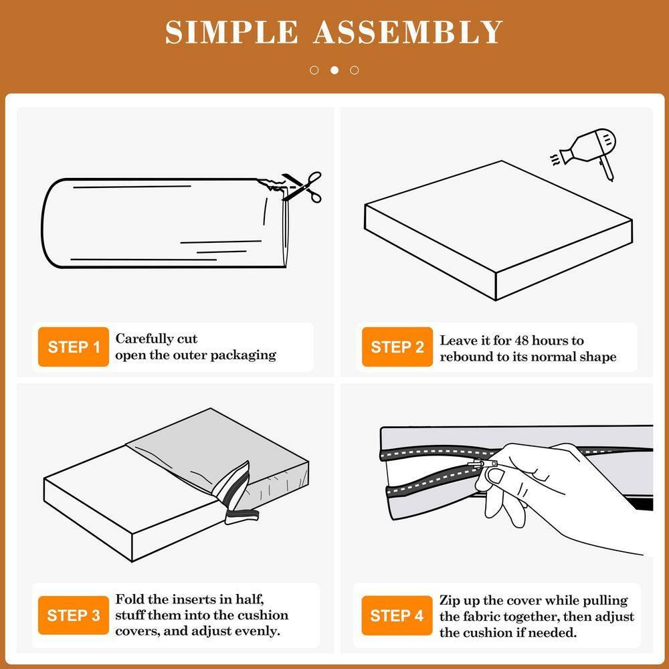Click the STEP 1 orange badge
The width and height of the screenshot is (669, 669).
pos(74,347)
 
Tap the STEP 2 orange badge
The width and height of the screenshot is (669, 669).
pos(397,347)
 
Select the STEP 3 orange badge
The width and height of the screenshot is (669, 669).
pos(74,615)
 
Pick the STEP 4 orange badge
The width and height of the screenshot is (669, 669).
pos(397,615)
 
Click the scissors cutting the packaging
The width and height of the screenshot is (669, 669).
pos(302,186)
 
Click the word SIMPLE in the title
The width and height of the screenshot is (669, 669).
pos(231,32)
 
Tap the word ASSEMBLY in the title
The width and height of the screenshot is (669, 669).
pos(408,32)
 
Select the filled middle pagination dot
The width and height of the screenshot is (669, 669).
pos(334,70)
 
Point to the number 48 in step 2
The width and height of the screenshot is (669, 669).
pos(522,341)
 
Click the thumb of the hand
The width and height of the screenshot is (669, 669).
pos(497,474)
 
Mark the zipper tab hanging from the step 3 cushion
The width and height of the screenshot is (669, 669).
pos(242,516)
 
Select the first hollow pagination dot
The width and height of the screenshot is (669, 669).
pos(314,70)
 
